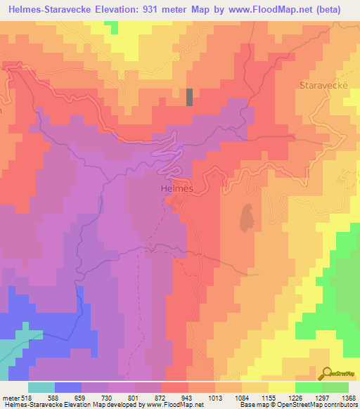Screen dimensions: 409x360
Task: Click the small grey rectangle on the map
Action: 189,97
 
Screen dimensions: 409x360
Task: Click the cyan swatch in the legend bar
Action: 41,387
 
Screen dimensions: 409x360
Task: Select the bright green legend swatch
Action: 308,387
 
